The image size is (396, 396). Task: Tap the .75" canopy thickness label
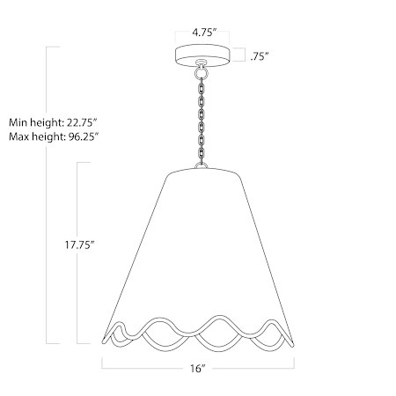point(260,56)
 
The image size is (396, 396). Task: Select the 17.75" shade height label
point(79,245)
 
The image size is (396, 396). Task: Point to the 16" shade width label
point(197,369)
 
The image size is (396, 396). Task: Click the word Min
point(16,122)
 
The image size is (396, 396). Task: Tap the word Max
point(18,136)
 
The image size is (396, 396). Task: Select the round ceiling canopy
point(202,55)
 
